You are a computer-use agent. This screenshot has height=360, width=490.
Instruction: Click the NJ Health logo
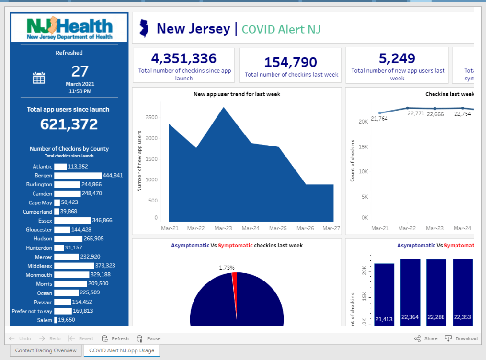69,28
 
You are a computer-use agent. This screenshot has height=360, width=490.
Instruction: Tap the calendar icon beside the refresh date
39,78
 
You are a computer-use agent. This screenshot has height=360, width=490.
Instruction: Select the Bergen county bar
78,176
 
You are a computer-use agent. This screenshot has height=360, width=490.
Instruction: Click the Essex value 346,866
102,221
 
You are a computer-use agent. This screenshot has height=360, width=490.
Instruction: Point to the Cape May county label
40,203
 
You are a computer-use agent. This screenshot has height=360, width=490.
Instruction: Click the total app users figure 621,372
69,124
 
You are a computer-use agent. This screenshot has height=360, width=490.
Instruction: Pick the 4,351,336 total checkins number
184,58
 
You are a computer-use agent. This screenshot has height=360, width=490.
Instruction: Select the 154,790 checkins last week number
291,62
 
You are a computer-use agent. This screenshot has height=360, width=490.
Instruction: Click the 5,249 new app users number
397,58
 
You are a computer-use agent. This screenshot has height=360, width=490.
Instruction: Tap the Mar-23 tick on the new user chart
223,228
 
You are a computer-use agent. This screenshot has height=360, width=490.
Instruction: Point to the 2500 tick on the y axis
151,117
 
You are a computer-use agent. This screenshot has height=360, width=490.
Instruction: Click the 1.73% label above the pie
227,268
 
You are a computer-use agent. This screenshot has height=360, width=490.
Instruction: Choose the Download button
461,338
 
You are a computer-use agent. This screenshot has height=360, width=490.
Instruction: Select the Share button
426,338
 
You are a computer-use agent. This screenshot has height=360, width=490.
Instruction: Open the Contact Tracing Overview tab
46,350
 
